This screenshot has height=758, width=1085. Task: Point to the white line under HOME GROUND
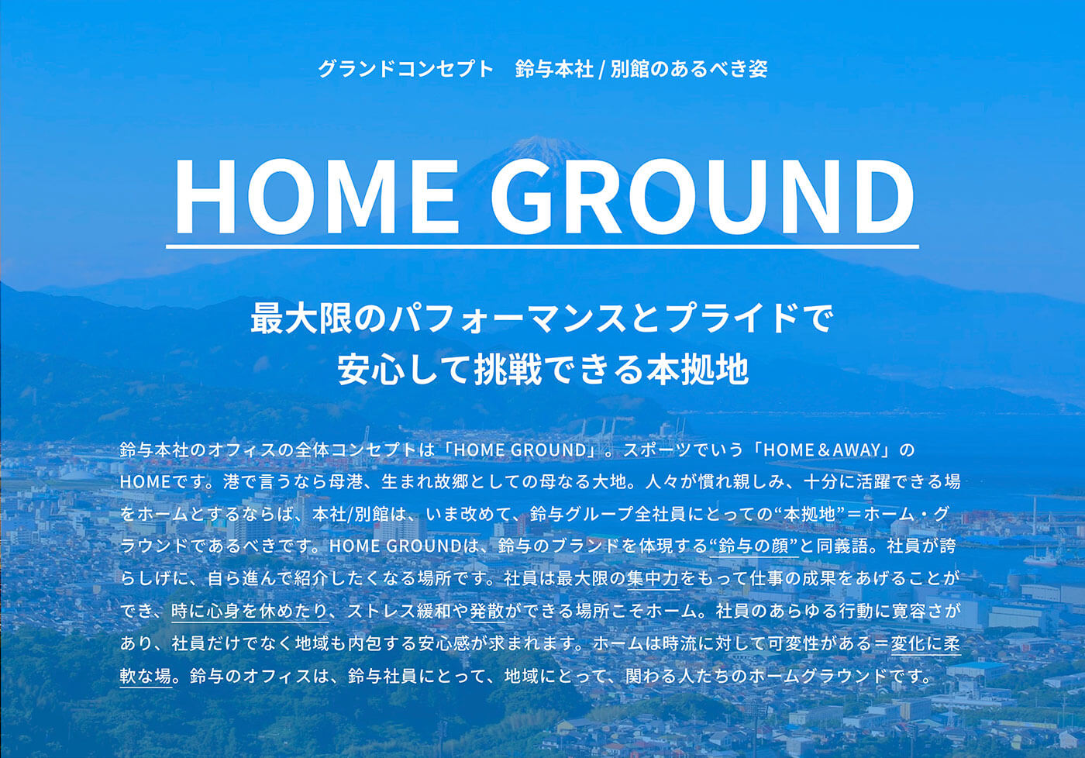point(542,246)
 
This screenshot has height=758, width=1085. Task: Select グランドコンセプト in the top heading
point(405,69)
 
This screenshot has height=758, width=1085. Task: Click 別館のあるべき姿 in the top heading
point(689,69)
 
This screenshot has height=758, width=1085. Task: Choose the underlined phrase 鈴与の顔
point(754,546)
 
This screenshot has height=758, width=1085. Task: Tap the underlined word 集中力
point(653,578)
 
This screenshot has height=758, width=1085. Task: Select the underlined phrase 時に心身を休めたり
point(250,612)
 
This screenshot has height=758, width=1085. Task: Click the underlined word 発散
point(487,612)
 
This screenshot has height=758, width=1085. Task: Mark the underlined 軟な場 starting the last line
point(146,676)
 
